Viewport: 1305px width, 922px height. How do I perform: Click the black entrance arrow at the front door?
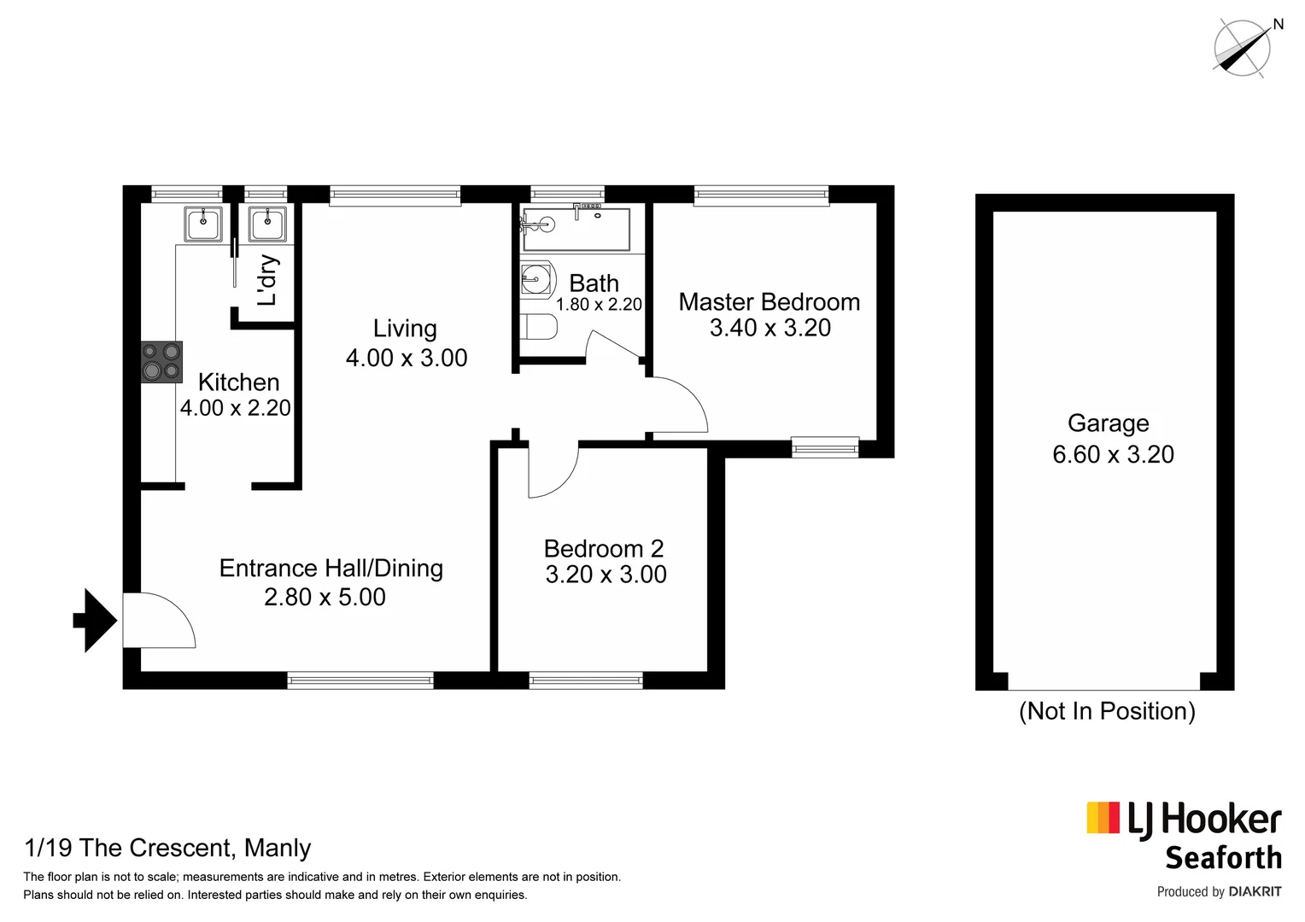pos(95,621)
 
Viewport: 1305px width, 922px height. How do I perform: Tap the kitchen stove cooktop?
pos(161,361)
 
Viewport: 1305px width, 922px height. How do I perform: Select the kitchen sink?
pos(203,225)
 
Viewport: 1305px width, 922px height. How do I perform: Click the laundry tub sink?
pos(268,225)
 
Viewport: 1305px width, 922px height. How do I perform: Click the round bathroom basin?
pos(536,278)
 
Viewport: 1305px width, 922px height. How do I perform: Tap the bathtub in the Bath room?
pos(576,229)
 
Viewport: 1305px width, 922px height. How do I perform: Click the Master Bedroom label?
pos(769,302)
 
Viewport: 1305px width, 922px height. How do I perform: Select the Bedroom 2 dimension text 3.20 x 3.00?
pos(606,575)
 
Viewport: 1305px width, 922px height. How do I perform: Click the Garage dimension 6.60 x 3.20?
pos(1112,454)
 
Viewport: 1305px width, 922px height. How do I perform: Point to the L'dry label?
pos(267,280)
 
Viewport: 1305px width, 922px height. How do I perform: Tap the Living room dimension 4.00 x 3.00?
pos(407,358)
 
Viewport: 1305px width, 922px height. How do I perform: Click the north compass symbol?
pos(1243,47)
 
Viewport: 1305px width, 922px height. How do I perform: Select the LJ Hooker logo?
pos(1184,820)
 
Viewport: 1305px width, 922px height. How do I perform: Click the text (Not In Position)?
pos(1107,711)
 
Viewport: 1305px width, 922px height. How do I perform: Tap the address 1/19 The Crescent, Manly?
pos(167,848)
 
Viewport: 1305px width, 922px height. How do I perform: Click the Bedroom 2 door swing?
pos(551,471)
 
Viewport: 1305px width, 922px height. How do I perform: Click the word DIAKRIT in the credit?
pos(1255,891)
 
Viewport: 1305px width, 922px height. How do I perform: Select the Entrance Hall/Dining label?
pos(331,569)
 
